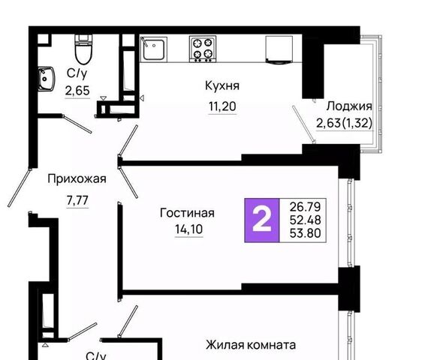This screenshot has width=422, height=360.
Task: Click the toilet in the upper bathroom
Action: (x=83, y=49)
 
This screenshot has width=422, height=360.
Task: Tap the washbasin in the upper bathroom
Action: (x=46, y=79)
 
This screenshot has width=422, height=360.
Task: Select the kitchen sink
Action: (x=153, y=49)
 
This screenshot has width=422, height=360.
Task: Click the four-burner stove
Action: (x=203, y=49)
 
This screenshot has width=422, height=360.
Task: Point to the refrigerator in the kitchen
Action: (x=279, y=50)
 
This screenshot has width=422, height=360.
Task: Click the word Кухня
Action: (x=222, y=85)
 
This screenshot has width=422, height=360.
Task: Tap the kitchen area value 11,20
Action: (x=222, y=106)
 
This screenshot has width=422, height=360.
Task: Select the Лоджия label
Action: (x=349, y=106)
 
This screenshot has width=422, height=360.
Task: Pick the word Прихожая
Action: (x=77, y=178)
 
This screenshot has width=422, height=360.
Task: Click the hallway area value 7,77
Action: (x=77, y=200)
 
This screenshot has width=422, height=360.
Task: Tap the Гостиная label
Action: (x=187, y=213)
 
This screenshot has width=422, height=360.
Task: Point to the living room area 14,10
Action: (x=189, y=229)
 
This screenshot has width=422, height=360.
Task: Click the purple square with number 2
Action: (x=262, y=220)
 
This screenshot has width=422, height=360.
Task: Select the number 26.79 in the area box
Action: (x=305, y=207)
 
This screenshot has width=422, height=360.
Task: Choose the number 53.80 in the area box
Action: (x=305, y=233)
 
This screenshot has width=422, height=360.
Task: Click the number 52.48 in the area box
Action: (x=305, y=220)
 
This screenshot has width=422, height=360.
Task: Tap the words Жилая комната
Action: (x=251, y=345)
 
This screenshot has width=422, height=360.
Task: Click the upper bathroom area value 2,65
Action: (x=77, y=91)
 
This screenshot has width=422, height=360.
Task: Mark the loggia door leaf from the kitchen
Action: (x=304, y=124)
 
